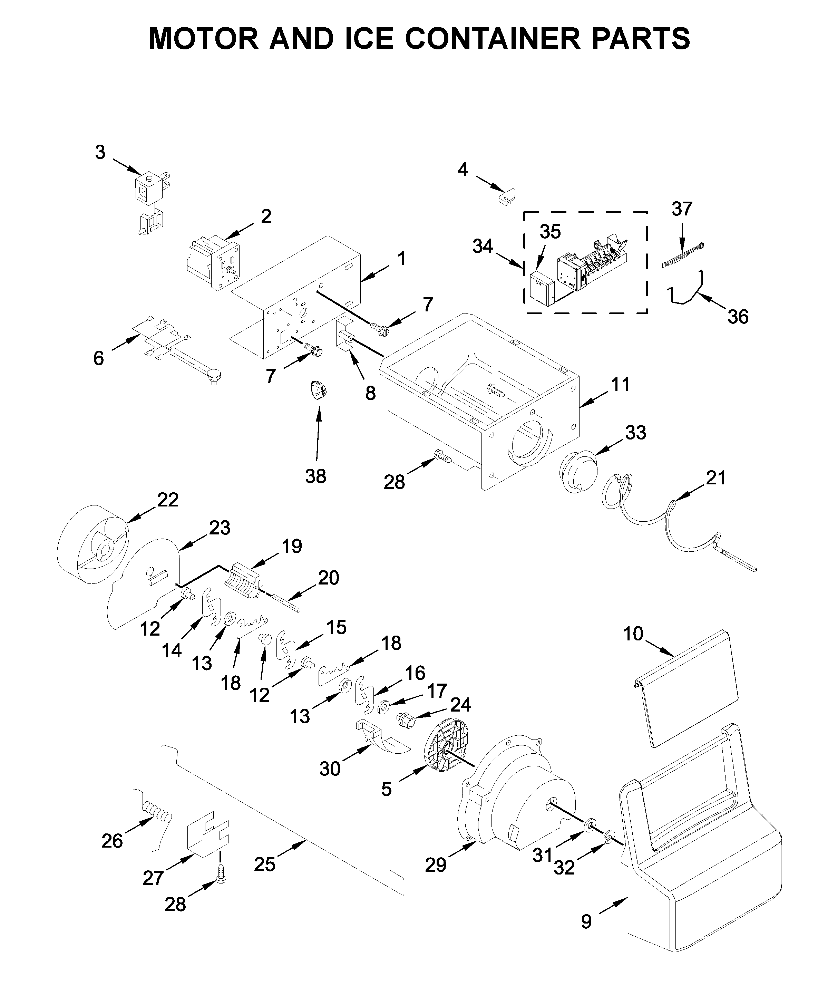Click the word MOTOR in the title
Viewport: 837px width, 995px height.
[x=204, y=39]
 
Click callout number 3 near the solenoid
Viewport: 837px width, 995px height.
[x=100, y=153]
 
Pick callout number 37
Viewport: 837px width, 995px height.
[x=682, y=209]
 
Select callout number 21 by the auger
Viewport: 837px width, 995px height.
[x=716, y=478]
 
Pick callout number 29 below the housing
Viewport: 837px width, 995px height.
[x=435, y=865]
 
